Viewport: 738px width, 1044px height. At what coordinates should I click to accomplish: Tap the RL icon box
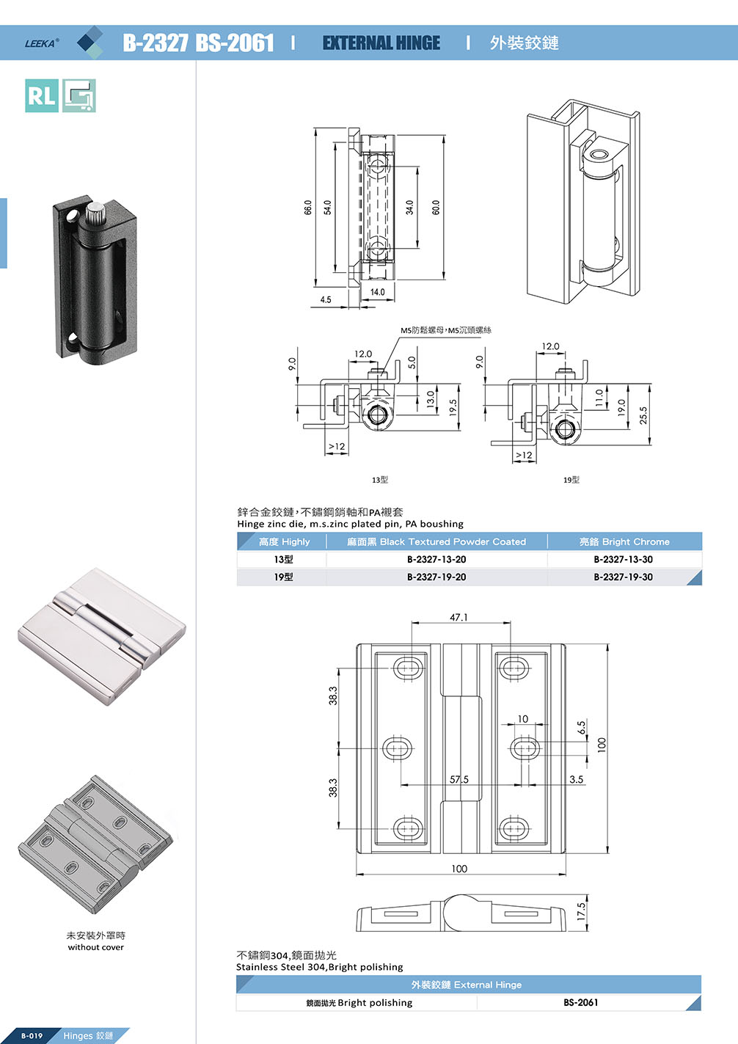tap(42, 95)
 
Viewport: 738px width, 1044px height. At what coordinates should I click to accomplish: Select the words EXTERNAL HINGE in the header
tap(381, 43)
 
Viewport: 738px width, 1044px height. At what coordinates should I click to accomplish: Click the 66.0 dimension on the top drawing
tap(308, 208)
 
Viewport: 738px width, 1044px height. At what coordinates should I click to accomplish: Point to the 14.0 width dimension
tap(377, 292)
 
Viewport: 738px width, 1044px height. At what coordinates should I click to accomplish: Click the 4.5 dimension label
tap(326, 299)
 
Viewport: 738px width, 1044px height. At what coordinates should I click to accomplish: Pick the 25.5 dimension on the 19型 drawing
tap(643, 415)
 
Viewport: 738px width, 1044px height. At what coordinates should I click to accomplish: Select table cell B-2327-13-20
tap(436, 559)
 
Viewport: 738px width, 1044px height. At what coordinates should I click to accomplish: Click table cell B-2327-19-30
tap(623, 577)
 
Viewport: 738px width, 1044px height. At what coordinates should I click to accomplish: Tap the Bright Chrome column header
tap(624, 541)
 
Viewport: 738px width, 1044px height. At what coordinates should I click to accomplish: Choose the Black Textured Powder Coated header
tap(436, 541)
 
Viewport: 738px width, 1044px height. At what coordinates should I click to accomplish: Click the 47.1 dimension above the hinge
tap(458, 618)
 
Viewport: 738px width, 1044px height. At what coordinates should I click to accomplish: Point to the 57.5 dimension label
tap(459, 779)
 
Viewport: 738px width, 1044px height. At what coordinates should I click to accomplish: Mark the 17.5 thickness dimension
tap(581, 912)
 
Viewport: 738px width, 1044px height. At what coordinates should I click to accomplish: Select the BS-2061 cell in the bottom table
tap(581, 1002)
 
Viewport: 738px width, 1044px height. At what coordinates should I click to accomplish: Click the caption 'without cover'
tap(96, 947)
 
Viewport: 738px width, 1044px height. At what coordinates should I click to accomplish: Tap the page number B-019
tap(32, 1036)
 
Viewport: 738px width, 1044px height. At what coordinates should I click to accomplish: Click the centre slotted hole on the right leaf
tap(524, 749)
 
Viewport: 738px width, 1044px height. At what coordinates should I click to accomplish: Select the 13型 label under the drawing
tap(380, 480)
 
